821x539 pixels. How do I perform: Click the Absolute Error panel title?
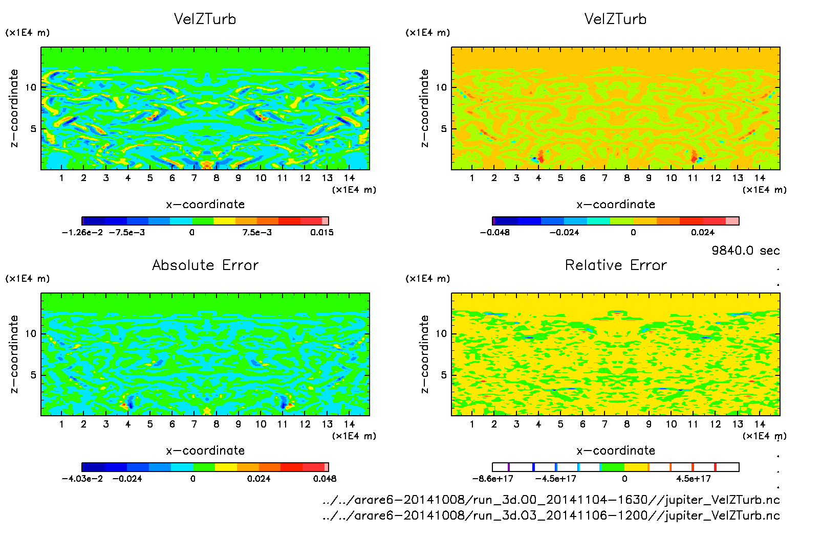[x=205, y=265]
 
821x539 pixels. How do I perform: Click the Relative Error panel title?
[x=616, y=265]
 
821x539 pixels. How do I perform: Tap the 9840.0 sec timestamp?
[x=745, y=251]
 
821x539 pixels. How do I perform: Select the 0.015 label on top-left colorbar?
[x=321, y=232]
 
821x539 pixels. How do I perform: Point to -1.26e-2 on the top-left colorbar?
[x=82, y=232]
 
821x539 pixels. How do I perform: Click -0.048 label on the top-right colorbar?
[x=494, y=232]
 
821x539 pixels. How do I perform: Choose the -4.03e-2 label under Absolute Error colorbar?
[x=82, y=479]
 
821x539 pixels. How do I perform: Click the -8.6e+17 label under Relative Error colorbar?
[x=492, y=479]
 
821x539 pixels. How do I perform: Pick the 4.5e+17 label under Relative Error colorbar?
[x=693, y=479]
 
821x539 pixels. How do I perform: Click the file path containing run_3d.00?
[x=551, y=500]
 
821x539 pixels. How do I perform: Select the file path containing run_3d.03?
[x=551, y=515]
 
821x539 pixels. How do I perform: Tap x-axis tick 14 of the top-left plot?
[x=349, y=178]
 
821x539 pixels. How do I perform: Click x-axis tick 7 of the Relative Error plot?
[x=604, y=424]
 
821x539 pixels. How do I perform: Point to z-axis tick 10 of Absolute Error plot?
[x=31, y=334]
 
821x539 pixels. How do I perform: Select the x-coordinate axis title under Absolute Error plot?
[x=205, y=451]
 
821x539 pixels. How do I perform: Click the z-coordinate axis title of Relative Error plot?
[x=424, y=354]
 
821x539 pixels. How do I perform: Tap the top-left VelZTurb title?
[x=205, y=19]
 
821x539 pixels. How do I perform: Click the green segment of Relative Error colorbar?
[x=612, y=467]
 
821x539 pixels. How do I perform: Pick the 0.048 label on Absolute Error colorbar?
[x=325, y=479]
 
